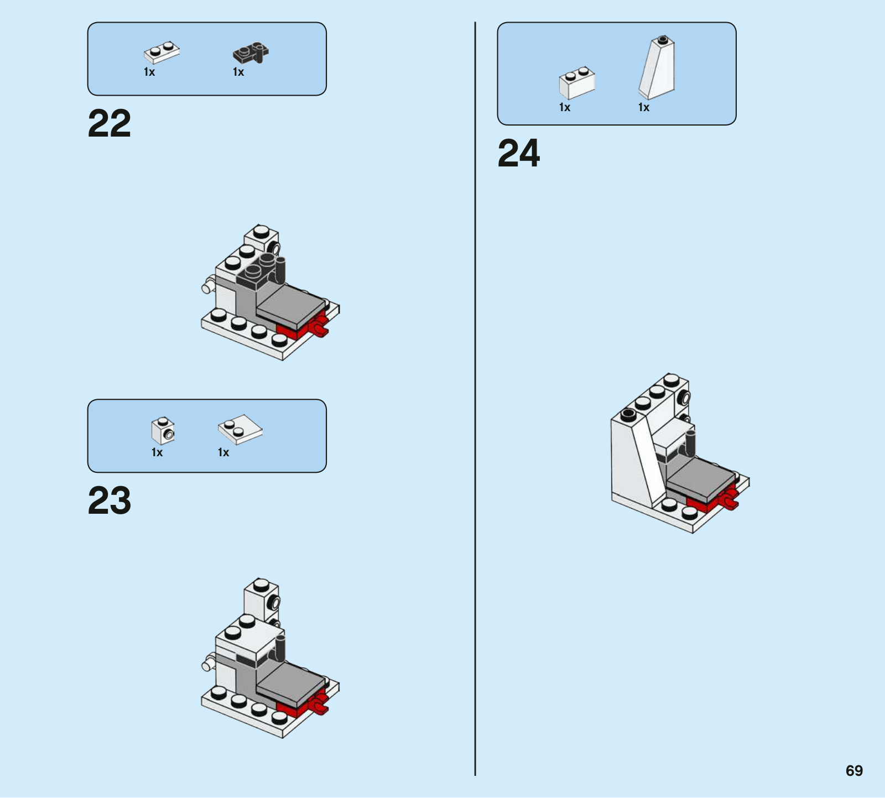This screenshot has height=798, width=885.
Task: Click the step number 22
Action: coord(110,123)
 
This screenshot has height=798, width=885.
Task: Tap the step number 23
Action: coord(110,500)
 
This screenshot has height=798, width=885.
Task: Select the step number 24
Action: coord(519,153)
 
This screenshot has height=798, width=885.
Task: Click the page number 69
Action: coord(854,770)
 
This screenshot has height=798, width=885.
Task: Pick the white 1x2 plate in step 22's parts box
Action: coord(162,53)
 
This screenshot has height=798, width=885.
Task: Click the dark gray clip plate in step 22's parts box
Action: coord(251,53)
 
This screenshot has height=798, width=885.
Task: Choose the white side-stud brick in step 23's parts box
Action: coord(163,431)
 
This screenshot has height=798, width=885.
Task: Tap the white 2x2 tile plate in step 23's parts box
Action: coord(240,429)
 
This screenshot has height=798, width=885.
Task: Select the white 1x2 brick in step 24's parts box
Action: coord(577,83)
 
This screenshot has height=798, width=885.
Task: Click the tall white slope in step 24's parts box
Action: coord(657,67)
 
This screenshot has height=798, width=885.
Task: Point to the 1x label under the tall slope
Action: coord(644,107)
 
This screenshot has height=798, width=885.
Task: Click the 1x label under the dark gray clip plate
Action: coord(238,72)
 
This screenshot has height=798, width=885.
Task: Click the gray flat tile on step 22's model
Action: coord(290,307)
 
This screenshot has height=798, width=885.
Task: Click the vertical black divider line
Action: coord(475,399)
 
